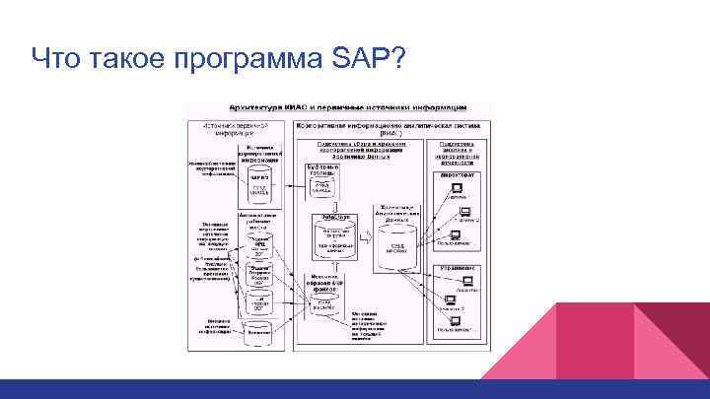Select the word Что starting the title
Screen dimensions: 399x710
55,58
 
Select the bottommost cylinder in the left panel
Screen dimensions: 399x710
258,330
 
